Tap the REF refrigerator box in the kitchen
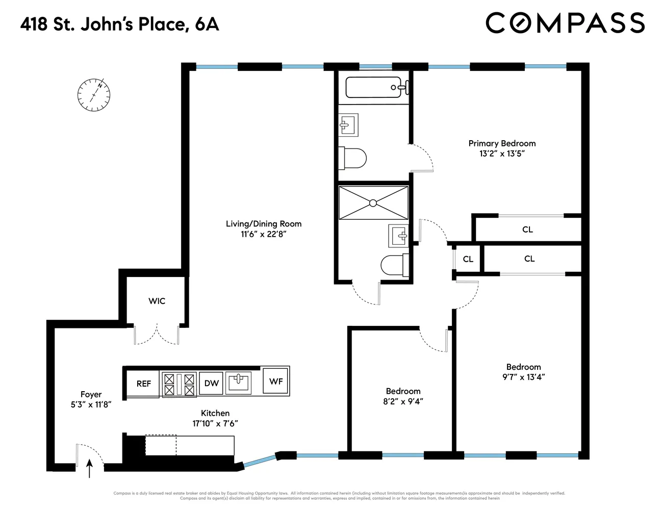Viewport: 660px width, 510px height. tap(143, 384)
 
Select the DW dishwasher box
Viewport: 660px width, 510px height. tap(211, 384)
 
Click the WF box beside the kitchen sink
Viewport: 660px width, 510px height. tap(276, 381)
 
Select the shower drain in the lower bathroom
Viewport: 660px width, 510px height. tap(373, 203)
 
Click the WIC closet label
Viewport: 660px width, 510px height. tap(157, 301)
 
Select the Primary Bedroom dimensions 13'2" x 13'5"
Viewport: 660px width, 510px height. tap(502, 154)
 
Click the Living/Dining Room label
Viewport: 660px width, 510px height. tap(264, 223)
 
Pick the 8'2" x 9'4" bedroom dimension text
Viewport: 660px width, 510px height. tap(403, 401)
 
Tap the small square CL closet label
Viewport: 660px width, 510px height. tap(468, 259)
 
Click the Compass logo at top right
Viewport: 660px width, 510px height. tap(565, 23)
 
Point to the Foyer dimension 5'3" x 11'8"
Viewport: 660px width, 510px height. tap(91, 404)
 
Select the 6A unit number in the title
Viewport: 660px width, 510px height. tap(207, 24)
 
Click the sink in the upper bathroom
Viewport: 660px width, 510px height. tap(348, 124)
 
